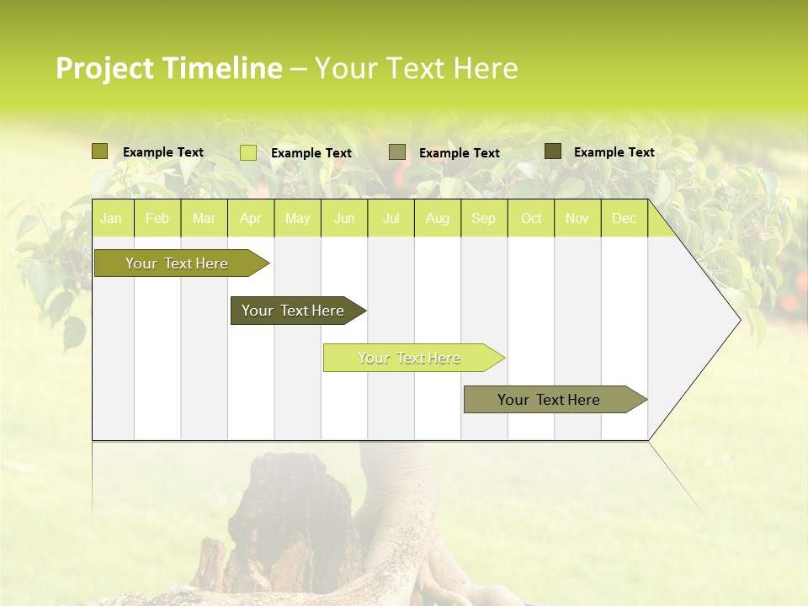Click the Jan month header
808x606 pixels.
[111, 219]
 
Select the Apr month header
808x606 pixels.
[250, 219]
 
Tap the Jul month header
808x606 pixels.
[391, 219]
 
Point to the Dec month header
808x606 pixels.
[624, 219]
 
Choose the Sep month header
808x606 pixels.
[483, 219]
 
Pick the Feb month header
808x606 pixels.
[157, 219]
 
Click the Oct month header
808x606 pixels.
[531, 219]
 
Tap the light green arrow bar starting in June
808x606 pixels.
[410, 358]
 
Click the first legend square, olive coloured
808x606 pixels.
[100, 151]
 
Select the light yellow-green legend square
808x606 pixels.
[248, 152]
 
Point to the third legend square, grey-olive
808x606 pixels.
[397, 152]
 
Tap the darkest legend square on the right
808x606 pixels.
[553, 151]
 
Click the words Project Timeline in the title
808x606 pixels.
[168, 68]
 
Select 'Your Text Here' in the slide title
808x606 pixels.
[416, 68]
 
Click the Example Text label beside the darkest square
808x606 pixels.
[614, 152]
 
